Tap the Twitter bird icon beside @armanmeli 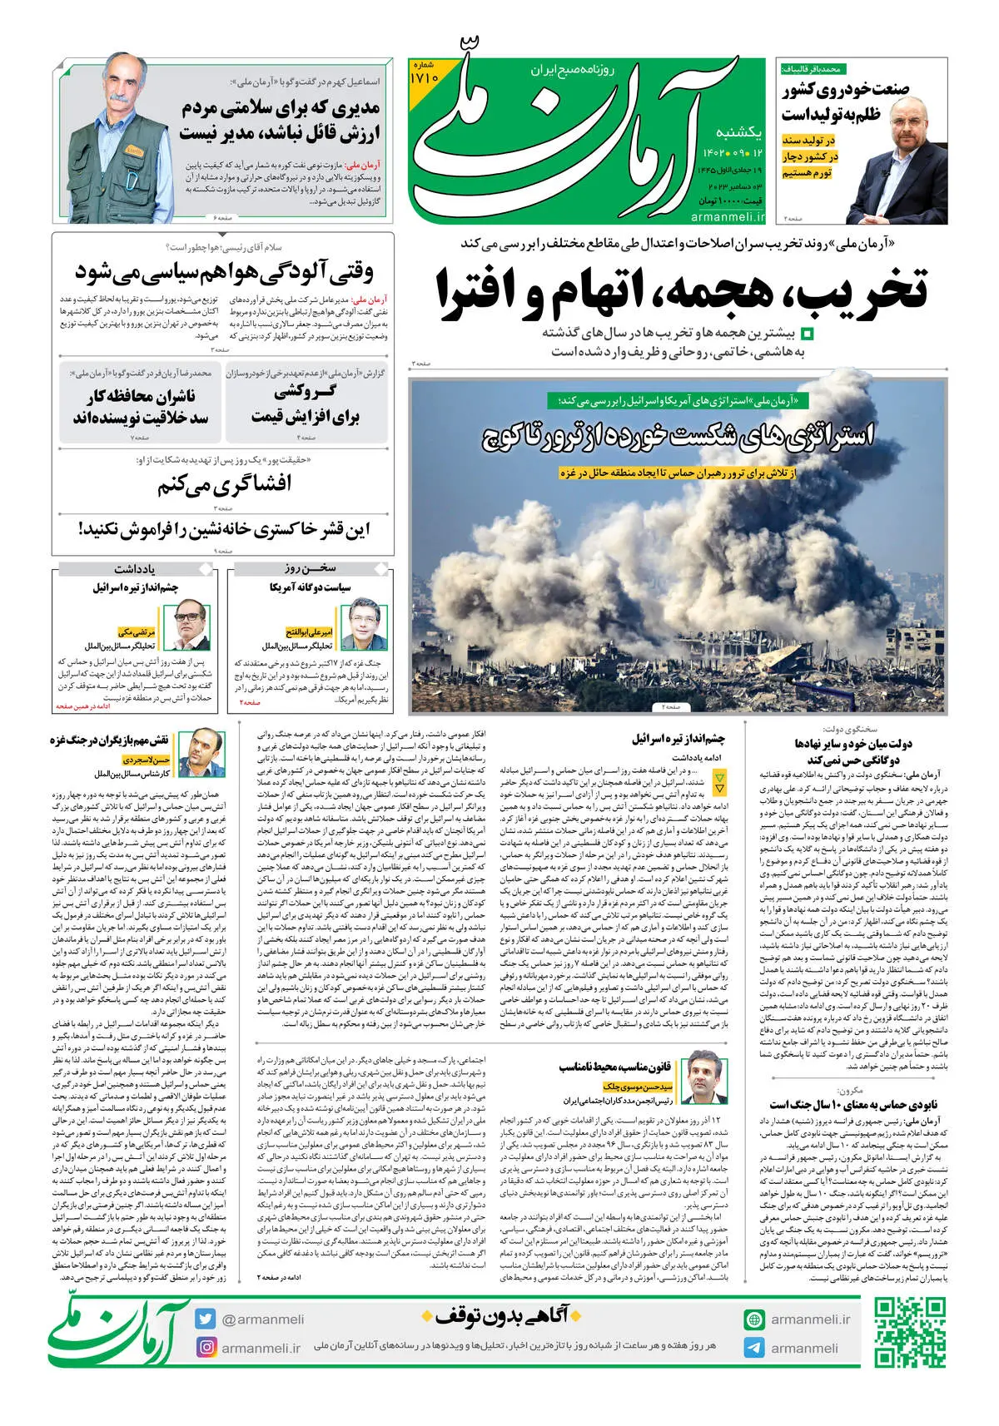tap(206, 1320)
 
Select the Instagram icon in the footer tap(206, 1347)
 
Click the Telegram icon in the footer tap(754, 1348)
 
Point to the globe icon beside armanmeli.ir tap(754, 1320)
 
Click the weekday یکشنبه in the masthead tap(739, 132)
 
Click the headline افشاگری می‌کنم tap(225, 484)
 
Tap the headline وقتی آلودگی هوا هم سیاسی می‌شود tap(225, 271)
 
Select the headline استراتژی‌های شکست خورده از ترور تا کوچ tap(678, 435)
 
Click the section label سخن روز tap(310, 569)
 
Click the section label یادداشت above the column tap(136, 569)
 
